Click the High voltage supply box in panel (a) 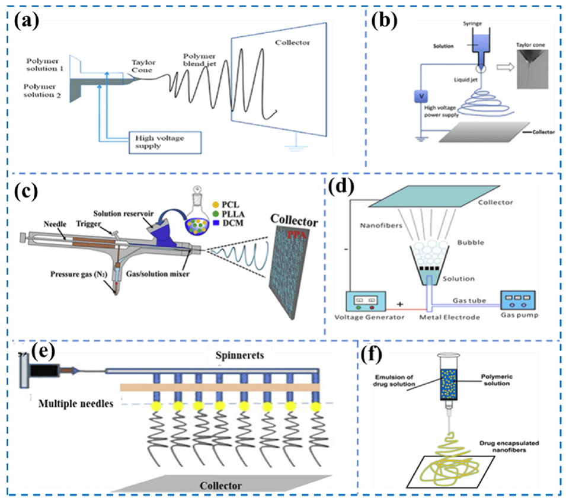(x=165, y=143)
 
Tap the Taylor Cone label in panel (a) (x=143, y=66)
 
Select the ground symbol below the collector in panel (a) (x=296, y=146)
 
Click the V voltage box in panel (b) (x=421, y=97)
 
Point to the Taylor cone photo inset (x=532, y=69)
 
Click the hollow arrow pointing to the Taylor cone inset (x=506, y=67)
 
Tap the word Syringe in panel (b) (x=472, y=24)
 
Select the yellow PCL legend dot (x=216, y=205)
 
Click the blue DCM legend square (x=216, y=223)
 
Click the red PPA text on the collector (x=297, y=235)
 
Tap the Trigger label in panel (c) (x=88, y=224)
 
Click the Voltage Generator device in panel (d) (x=366, y=301)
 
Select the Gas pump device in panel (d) (x=517, y=300)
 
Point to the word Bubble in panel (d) (x=471, y=242)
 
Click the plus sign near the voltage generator (x=400, y=304)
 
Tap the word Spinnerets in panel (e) (x=239, y=355)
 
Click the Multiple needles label (x=76, y=404)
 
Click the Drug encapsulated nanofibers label (x=509, y=446)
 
